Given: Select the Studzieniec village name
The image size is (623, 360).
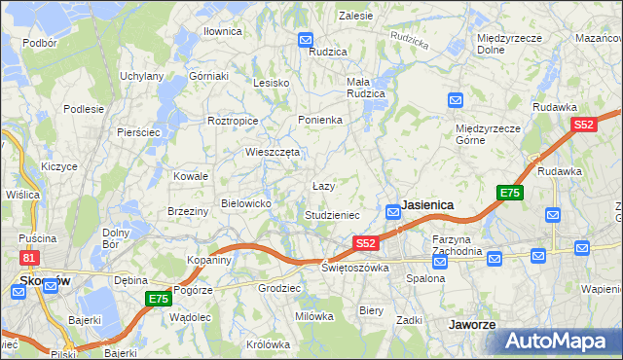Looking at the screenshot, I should [332, 215].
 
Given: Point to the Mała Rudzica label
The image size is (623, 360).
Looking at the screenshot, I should [366, 88].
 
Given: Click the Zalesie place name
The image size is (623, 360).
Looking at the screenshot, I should [355, 16].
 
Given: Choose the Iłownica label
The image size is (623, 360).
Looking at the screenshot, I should [222, 31].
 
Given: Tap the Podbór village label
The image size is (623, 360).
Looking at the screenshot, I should [40, 43].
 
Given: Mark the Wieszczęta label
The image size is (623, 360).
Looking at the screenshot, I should [272, 152].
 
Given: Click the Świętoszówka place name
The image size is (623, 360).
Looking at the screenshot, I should [355, 268].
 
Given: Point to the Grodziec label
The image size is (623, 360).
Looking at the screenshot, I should [278, 289].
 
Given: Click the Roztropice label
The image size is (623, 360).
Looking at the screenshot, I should [233, 121].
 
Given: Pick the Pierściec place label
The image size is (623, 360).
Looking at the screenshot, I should [137, 132].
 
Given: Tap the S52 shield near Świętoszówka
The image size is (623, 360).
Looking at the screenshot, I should [365, 242].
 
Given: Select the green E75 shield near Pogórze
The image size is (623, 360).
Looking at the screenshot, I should [159, 300].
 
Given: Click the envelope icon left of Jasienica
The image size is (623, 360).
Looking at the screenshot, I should [392, 210].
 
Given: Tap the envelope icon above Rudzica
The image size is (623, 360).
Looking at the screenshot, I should [306, 41].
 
